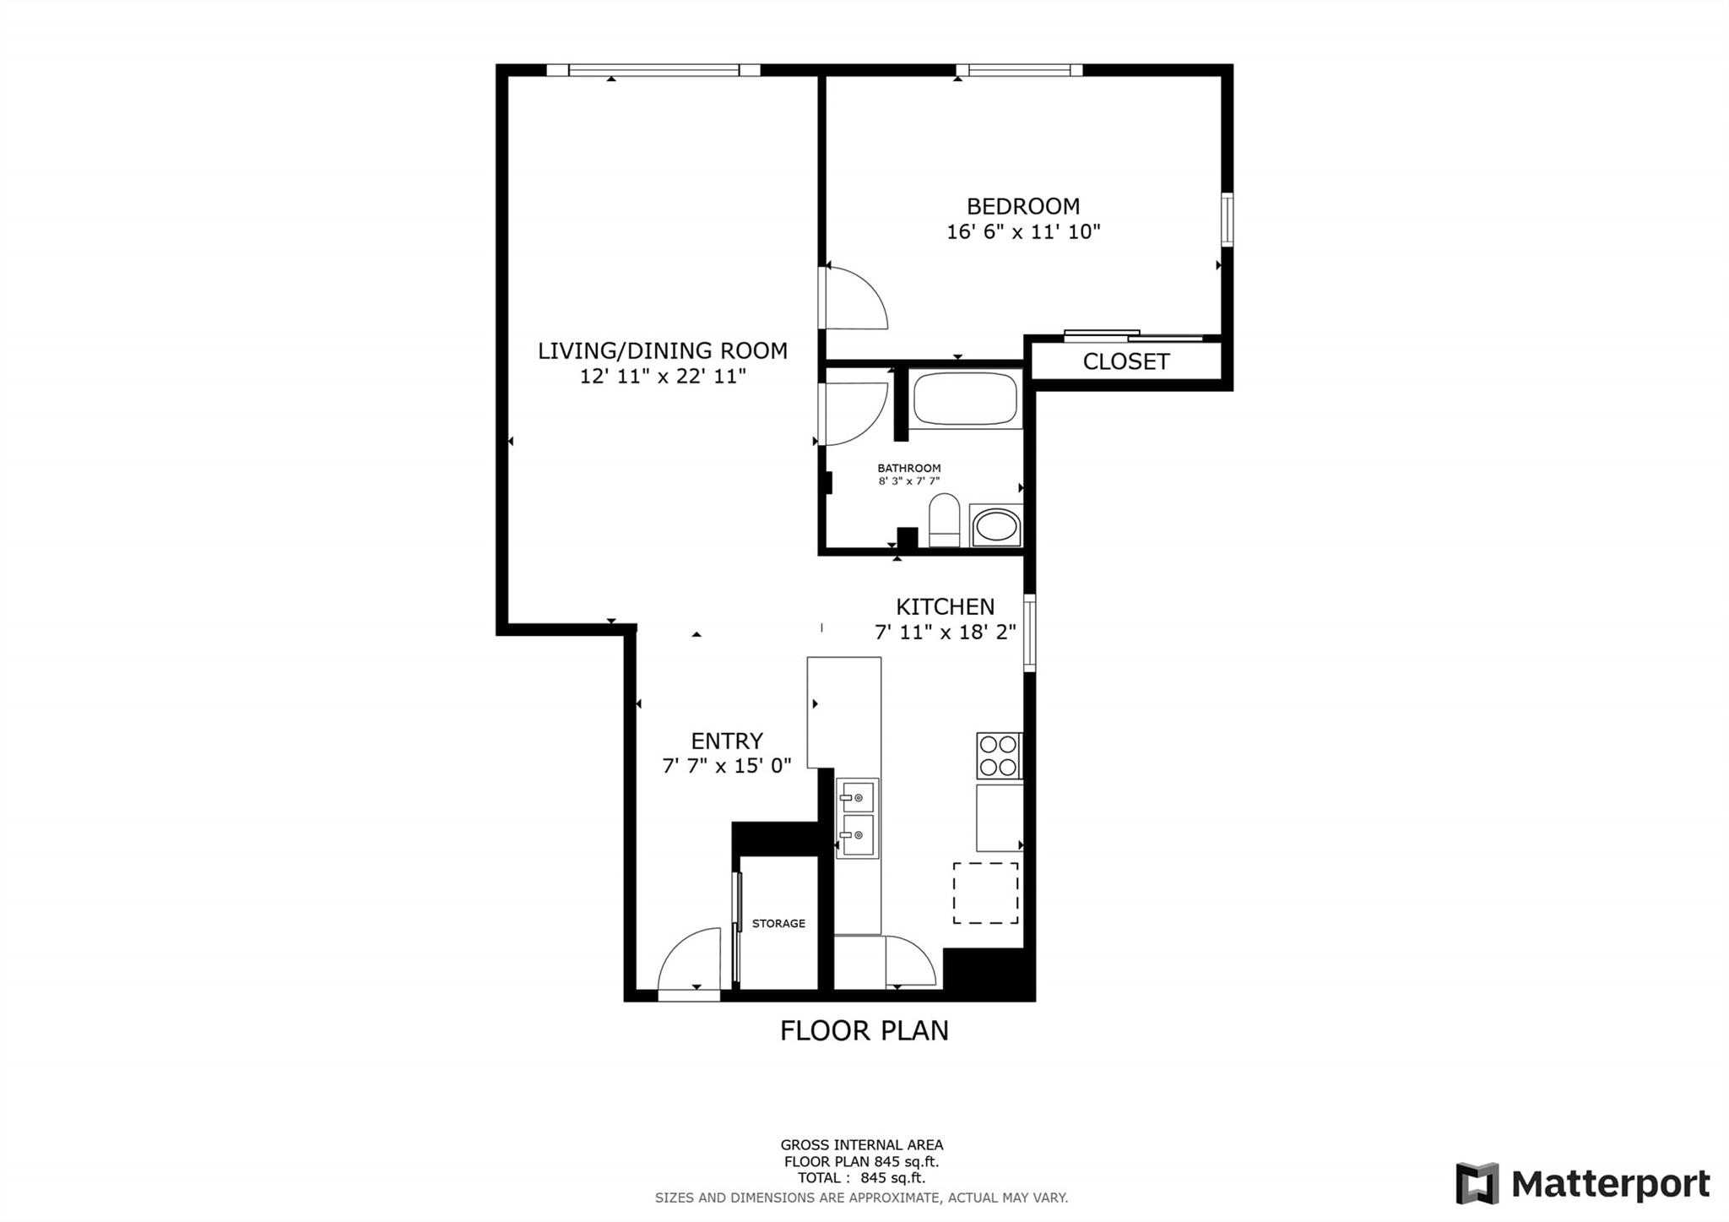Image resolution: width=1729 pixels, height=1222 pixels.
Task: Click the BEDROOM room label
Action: click(x=1022, y=206)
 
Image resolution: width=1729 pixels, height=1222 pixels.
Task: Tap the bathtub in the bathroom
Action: click(x=964, y=399)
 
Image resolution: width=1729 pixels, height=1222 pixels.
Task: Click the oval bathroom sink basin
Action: click(x=996, y=526)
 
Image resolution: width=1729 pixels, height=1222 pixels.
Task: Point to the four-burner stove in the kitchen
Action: click(x=999, y=755)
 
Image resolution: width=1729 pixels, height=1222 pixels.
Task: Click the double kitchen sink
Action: click(x=857, y=818)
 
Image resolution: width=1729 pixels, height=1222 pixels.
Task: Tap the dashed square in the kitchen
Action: click(x=985, y=893)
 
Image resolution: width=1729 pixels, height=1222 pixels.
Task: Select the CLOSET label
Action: click(x=1125, y=361)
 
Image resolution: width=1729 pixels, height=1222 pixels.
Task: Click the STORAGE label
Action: click(x=778, y=923)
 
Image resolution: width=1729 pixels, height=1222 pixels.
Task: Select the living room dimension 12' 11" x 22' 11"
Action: click(x=663, y=377)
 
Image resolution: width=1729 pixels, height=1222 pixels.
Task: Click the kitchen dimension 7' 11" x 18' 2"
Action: click(x=945, y=632)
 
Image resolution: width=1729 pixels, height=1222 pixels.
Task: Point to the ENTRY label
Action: click(x=726, y=741)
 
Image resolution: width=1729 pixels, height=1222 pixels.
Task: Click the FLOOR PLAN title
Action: click(x=864, y=1030)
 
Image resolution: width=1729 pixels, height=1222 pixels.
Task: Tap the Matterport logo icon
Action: click(x=1477, y=1183)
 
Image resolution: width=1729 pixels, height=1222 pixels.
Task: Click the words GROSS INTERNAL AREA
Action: click(x=861, y=1145)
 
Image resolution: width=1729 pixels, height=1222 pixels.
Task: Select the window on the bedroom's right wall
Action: click(x=1228, y=220)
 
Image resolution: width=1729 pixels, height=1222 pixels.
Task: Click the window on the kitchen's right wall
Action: click(x=1029, y=633)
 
